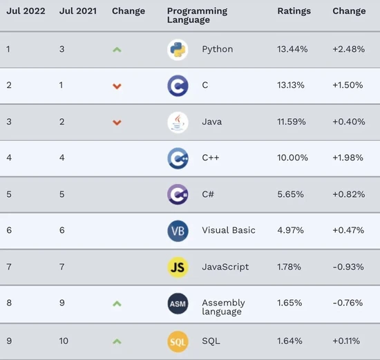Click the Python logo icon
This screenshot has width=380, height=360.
[178, 50]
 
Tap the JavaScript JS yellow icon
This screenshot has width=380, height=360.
[178, 267]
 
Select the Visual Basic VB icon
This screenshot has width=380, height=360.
[178, 231]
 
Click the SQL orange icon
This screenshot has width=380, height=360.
[178, 341]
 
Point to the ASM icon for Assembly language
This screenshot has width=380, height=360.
[178, 303]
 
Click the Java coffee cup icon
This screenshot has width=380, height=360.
[178, 122]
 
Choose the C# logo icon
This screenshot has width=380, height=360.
[178, 194]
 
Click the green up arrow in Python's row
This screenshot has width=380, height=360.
[117, 50]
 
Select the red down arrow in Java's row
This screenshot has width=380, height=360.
[117, 122]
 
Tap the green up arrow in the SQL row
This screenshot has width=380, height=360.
[117, 341]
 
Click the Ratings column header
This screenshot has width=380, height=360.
[294, 12]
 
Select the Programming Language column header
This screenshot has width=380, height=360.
[197, 16]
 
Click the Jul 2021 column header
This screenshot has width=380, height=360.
[77, 12]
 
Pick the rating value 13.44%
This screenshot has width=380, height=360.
[292, 50]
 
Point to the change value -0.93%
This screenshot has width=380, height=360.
[348, 267]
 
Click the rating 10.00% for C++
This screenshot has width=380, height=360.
[292, 158]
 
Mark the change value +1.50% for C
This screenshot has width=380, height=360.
[348, 86]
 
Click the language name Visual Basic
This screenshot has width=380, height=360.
[229, 231]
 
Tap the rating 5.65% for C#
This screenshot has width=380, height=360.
[291, 194]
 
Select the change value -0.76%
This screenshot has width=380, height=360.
[348, 303]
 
